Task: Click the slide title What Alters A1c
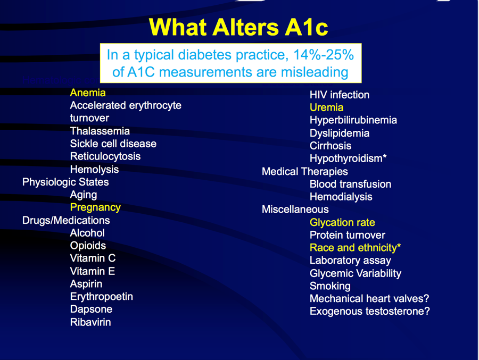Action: (x=238, y=28)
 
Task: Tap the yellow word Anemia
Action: (x=88, y=93)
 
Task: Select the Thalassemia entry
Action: (x=100, y=131)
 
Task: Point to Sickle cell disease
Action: (x=113, y=144)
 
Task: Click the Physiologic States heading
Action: (x=65, y=182)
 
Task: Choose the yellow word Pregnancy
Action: (x=95, y=207)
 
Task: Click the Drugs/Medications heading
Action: (x=66, y=220)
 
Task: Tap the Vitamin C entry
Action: (x=93, y=258)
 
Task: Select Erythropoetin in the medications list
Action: (x=102, y=297)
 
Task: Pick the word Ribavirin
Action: (x=90, y=322)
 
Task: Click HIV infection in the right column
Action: (x=340, y=95)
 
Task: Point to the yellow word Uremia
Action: (x=327, y=107)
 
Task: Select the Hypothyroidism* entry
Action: (x=348, y=158)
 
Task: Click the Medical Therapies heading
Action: (x=305, y=172)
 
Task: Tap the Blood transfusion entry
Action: (x=350, y=184)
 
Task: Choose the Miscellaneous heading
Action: (x=295, y=209)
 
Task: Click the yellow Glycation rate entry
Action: (x=342, y=222)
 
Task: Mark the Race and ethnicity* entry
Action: (x=355, y=248)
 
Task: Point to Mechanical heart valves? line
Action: (x=369, y=298)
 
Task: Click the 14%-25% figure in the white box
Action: (x=324, y=55)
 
